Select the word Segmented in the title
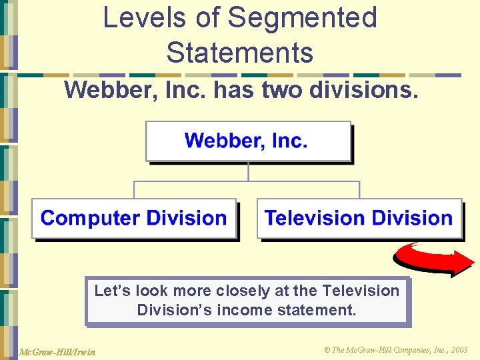(x=303, y=18)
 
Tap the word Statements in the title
(x=240, y=52)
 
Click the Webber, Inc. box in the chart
(x=247, y=141)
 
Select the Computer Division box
(x=134, y=219)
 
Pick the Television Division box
(x=359, y=219)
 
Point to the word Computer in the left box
(x=91, y=219)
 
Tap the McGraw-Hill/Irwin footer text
(x=57, y=351)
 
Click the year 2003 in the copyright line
(x=459, y=350)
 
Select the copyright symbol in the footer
(x=327, y=350)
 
